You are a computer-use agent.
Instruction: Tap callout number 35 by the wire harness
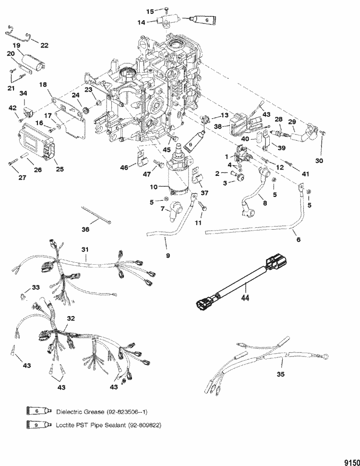tap(280, 374)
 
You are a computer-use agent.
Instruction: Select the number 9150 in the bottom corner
tap(352, 463)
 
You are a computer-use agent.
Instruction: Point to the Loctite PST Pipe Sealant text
tap(91, 425)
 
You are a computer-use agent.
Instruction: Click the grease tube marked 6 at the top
tap(202, 20)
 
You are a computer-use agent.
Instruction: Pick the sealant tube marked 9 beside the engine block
tap(194, 140)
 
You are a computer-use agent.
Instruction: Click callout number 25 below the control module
tap(60, 169)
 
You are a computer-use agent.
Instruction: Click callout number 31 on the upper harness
tap(85, 249)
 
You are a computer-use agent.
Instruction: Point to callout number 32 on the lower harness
tap(71, 319)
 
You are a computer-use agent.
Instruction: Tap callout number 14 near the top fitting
tap(142, 22)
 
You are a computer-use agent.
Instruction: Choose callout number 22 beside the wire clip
tap(44, 45)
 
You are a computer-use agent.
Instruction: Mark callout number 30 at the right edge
tap(319, 160)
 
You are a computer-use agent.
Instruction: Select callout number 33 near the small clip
tap(36, 287)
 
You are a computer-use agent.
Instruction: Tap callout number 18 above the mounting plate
tap(43, 85)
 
